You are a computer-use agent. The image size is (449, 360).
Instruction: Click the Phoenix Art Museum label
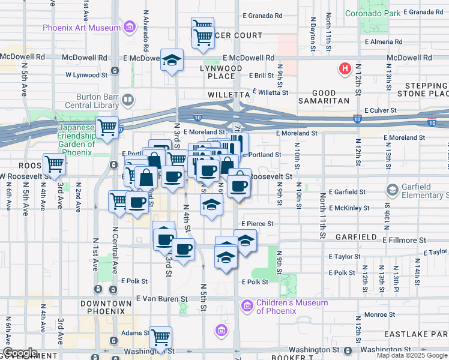[x=81, y=28]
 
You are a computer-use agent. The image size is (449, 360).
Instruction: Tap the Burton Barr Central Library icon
[x=128, y=99]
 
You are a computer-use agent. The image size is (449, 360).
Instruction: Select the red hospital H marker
[x=345, y=69]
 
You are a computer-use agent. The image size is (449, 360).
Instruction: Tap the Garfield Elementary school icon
[x=393, y=191]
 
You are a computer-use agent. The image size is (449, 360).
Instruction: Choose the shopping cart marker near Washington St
[x=160, y=338]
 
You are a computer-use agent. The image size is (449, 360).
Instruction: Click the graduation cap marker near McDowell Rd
[x=172, y=60]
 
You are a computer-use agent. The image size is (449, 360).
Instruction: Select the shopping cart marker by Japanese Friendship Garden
[x=107, y=127]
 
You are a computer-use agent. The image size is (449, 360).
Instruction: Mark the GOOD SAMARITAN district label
[x=324, y=97]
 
